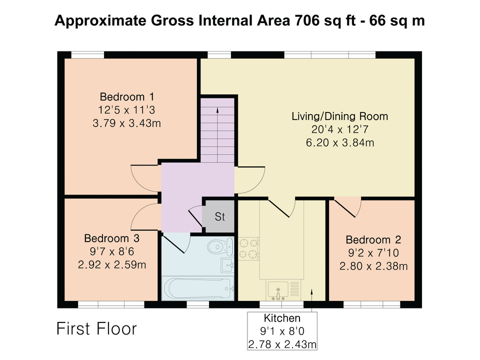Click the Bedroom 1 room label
126,96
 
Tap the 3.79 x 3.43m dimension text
126,123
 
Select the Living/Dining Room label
340,116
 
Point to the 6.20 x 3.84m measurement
340,142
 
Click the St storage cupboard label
220,216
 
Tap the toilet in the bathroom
220,246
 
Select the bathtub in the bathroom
198,288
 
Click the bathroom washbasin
227,265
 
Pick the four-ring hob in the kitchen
248,248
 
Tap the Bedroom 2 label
373,239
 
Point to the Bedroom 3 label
111,238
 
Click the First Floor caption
96,329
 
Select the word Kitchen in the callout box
282,318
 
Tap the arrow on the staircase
217,134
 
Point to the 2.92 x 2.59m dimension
111,265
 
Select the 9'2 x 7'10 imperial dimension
373,253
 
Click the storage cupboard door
196,216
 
